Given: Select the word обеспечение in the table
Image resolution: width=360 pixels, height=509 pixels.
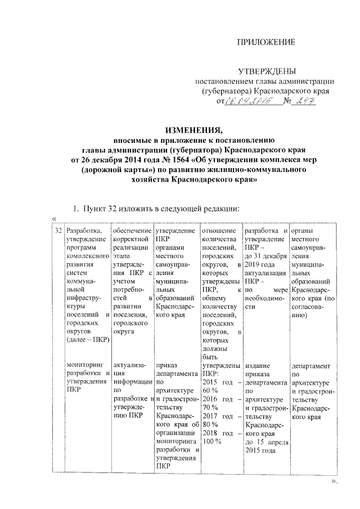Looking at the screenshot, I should (132, 231).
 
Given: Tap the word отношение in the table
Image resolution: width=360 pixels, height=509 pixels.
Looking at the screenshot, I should (218, 231).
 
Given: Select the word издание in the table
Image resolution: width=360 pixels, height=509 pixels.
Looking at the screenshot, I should (258, 365).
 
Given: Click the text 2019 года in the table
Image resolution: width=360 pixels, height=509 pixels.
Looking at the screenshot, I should (260, 265).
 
